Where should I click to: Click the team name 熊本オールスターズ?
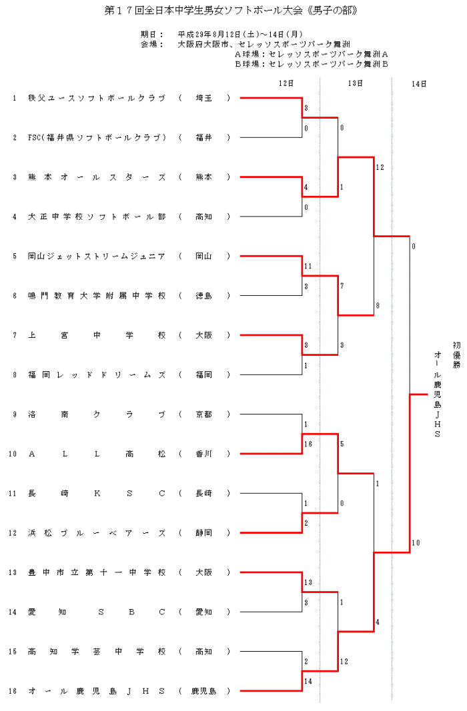[x=97, y=177]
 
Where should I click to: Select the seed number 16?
[x=14, y=691]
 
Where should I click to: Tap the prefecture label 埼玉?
[x=203, y=98]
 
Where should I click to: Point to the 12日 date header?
[x=286, y=84]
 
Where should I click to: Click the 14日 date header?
[x=419, y=84]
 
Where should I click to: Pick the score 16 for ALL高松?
[x=308, y=443]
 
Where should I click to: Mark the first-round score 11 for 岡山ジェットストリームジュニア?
[x=308, y=266]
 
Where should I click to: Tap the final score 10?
[x=416, y=543]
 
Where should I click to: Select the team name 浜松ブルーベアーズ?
[x=97, y=533]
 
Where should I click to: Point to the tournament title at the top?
[x=232, y=11]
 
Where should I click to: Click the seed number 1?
[x=14, y=98]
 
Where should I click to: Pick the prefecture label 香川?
[x=203, y=454]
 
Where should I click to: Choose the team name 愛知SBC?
[x=97, y=612]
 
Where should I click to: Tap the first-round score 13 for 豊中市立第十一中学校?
[x=308, y=582]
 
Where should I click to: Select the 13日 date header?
[x=355, y=84]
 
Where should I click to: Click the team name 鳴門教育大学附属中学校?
[x=97, y=296]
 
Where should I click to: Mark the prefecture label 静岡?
[x=203, y=533]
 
